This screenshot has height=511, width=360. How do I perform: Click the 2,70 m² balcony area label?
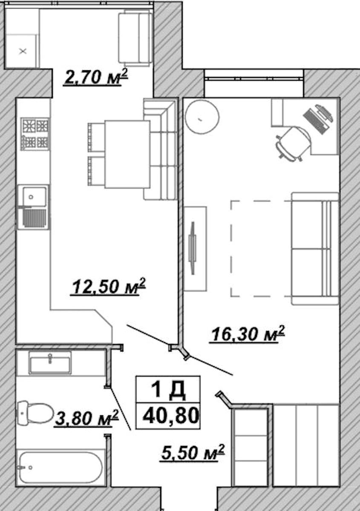coord(96,77)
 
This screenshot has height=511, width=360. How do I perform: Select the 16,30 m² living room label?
coord(248,334)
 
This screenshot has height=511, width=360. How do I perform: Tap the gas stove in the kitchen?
coord(35,134)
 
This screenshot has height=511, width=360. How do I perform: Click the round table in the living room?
coord(202,117)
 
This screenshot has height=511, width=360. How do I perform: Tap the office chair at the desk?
coord(293,144)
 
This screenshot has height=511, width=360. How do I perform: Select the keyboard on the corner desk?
coord(314,122)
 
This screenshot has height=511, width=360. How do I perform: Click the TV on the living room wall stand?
coord(193,248)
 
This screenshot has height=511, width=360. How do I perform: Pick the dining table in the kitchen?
coord(127,155)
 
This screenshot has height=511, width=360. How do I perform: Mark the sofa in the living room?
coord(315,248)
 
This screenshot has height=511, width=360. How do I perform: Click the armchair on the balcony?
coord(135,37)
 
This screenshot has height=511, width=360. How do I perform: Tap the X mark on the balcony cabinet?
coord(23,51)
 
